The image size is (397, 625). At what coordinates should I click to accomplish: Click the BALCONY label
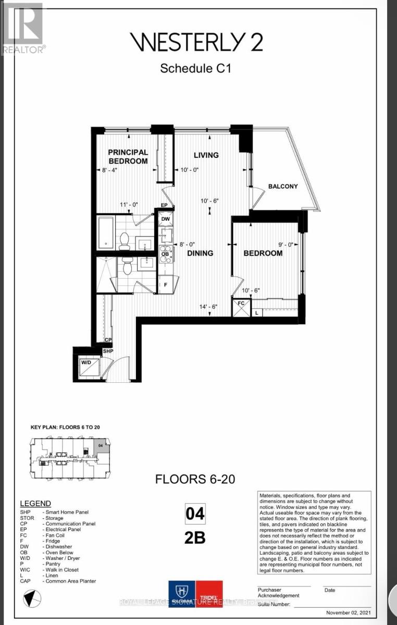tap(283, 186)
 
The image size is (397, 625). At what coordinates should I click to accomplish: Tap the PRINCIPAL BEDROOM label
tap(128, 157)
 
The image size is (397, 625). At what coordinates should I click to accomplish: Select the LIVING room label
tap(206, 155)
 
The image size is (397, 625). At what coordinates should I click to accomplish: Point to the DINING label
tap(201, 253)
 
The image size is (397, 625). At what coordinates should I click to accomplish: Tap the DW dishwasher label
tap(165, 219)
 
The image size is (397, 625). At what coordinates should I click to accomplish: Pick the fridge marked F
tap(165, 285)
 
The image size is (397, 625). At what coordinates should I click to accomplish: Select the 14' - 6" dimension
tap(207, 307)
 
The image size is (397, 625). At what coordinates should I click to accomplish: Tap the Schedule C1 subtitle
tap(195, 68)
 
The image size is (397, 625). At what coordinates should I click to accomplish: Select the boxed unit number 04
tap(195, 515)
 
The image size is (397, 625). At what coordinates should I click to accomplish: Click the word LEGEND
tap(35, 504)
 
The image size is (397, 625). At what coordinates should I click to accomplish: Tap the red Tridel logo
tap(209, 594)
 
